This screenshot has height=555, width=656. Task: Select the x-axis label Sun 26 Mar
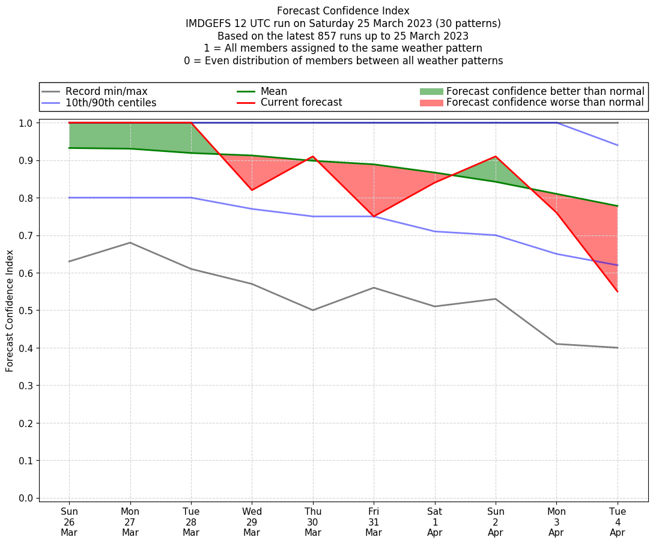tap(69, 521)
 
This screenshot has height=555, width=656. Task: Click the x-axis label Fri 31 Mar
tap(374, 521)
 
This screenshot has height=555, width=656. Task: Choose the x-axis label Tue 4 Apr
tap(618, 521)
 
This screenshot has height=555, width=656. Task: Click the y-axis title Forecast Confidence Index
tap(10, 311)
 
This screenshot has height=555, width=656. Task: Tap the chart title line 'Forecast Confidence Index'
tap(343, 11)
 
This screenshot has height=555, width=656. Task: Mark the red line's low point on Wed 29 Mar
tap(252, 190)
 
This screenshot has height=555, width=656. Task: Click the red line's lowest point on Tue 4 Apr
tap(618, 291)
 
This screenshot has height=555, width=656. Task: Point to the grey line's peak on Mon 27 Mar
tap(130, 243)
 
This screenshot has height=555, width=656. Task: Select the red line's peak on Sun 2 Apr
tap(496, 157)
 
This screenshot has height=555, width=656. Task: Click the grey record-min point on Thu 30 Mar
tap(313, 310)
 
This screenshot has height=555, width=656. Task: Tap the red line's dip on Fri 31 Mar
tap(374, 216)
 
